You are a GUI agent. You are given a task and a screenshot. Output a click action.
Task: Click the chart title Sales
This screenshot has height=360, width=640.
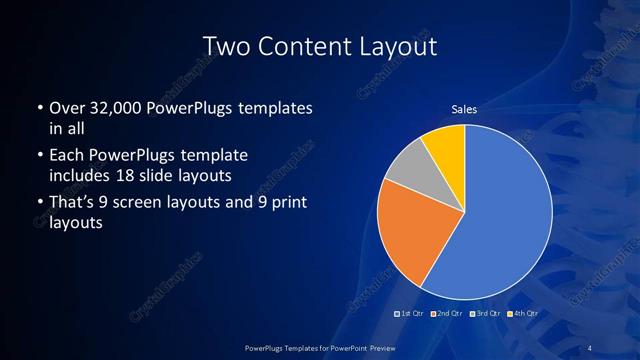464,109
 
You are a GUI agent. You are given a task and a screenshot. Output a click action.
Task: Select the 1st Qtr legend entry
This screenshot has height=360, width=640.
411,314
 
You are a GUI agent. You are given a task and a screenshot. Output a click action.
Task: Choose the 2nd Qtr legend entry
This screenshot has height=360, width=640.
447,314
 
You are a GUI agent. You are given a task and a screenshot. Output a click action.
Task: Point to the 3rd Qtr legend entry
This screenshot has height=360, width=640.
484,314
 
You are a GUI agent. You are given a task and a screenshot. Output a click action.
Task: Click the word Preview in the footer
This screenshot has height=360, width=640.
381,346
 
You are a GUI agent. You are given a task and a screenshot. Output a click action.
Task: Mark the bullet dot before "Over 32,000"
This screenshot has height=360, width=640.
39,108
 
